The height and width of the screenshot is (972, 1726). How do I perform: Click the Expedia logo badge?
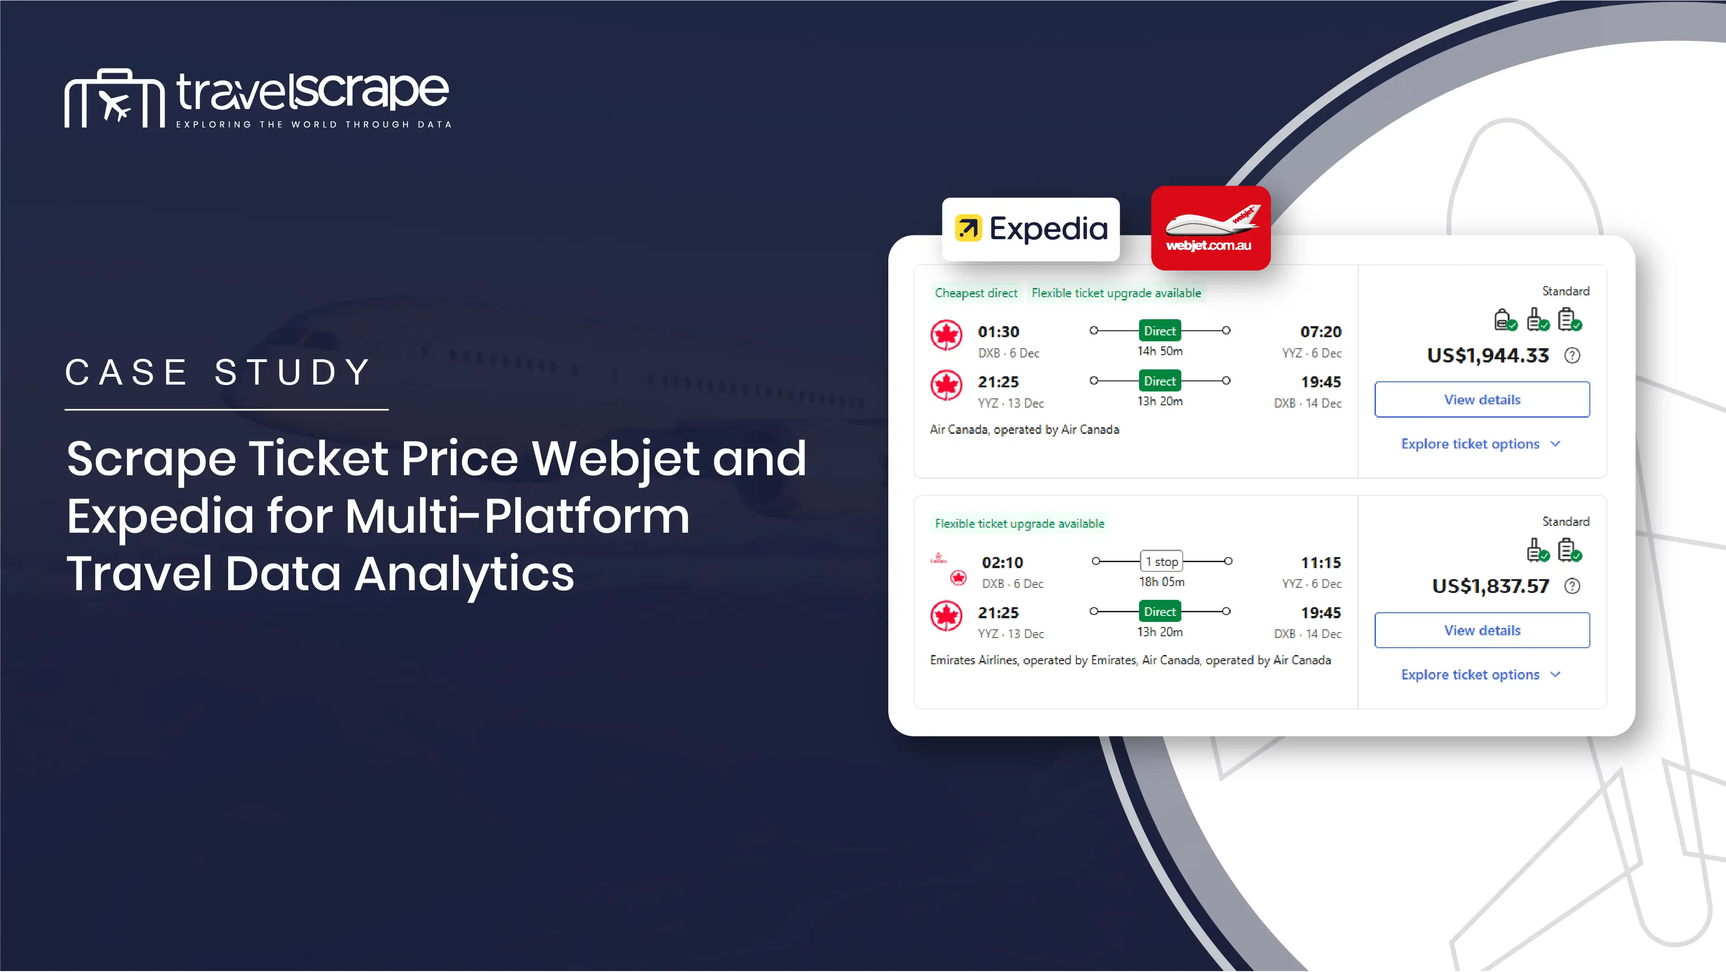click(x=1030, y=229)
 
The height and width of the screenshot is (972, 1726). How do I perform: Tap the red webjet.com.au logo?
click(x=1210, y=228)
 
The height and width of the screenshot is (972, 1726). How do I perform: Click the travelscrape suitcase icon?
click(x=115, y=98)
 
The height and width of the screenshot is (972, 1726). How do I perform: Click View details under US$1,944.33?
click(x=1482, y=399)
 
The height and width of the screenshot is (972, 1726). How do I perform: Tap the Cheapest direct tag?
click(x=976, y=293)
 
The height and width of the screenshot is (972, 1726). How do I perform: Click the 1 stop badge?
click(x=1161, y=561)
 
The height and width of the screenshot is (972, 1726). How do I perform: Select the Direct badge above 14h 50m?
click(x=1160, y=331)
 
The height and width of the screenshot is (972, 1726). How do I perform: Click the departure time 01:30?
click(x=998, y=332)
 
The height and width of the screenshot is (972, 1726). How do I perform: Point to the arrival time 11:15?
click(x=1321, y=563)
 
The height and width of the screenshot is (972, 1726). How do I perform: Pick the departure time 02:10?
click(x=1002, y=563)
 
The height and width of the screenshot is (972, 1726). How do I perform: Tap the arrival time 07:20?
click(x=1321, y=332)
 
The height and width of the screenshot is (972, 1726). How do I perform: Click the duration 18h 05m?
click(x=1162, y=582)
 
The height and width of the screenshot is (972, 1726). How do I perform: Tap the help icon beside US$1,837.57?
click(x=1572, y=586)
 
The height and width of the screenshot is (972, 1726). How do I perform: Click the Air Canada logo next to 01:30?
click(x=946, y=335)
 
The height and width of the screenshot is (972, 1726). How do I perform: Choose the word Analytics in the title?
click(x=464, y=574)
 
